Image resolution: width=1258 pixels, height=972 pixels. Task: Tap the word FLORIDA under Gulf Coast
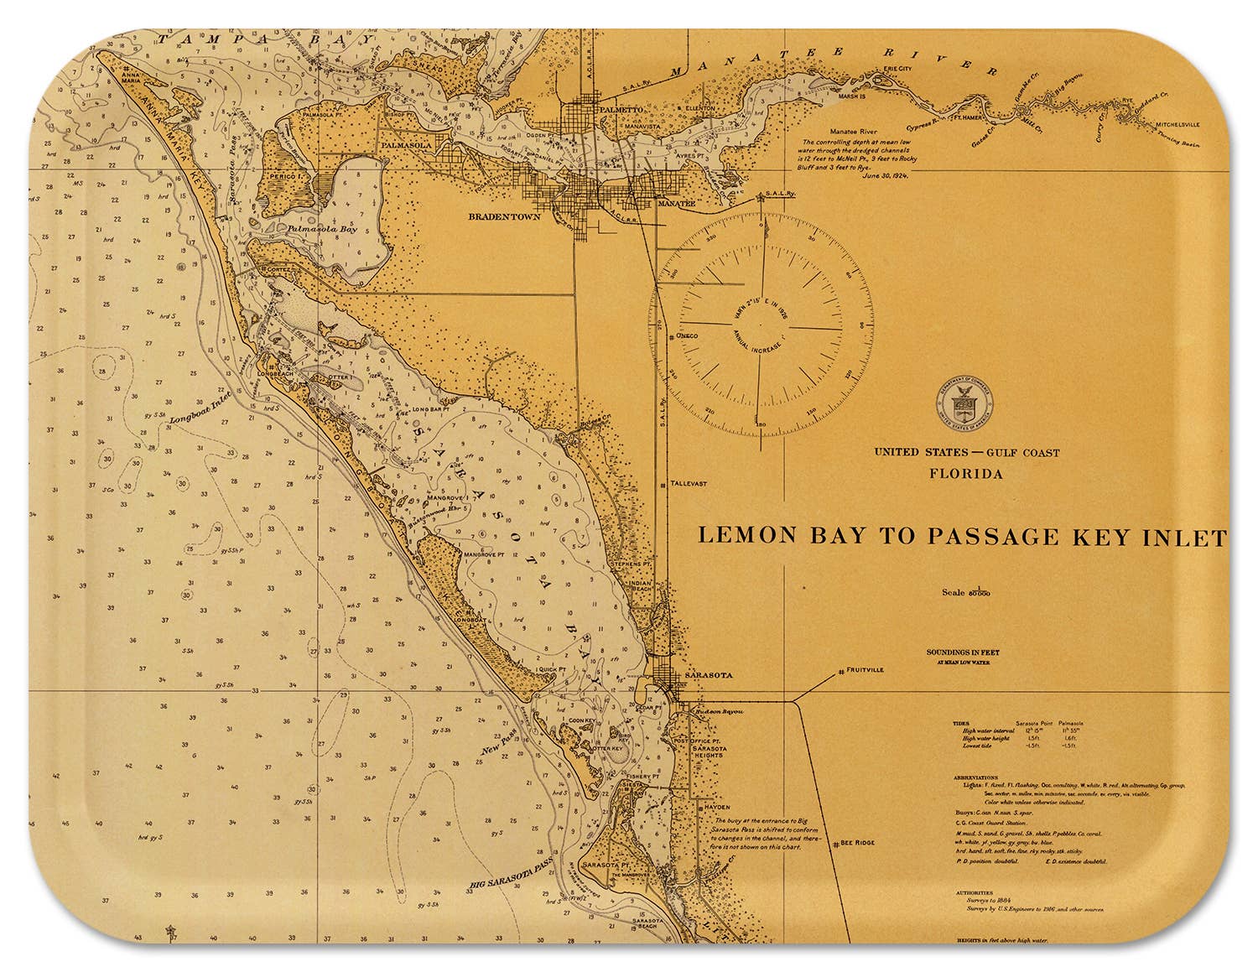click(965, 474)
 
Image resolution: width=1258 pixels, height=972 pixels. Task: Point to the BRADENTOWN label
click(504, 216)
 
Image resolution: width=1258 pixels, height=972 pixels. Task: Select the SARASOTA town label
click(709, 675)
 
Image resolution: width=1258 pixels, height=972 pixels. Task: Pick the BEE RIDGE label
click(856, 844)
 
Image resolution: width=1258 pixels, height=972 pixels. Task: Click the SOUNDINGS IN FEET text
click(963, 652)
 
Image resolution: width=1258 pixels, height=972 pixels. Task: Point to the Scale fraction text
click(964, 592)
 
